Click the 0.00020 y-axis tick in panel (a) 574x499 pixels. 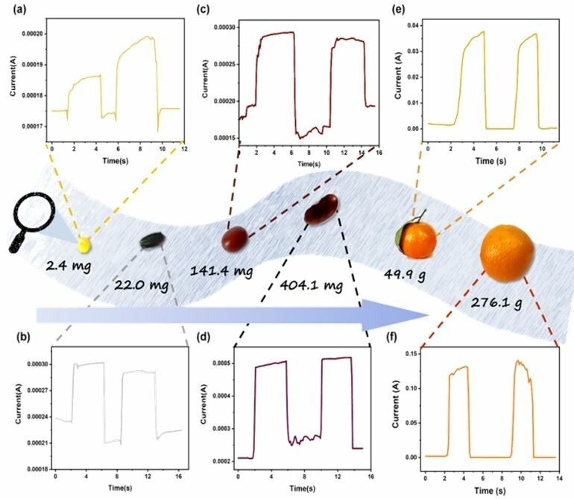[33, 34]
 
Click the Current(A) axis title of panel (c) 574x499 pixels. [204, 82]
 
